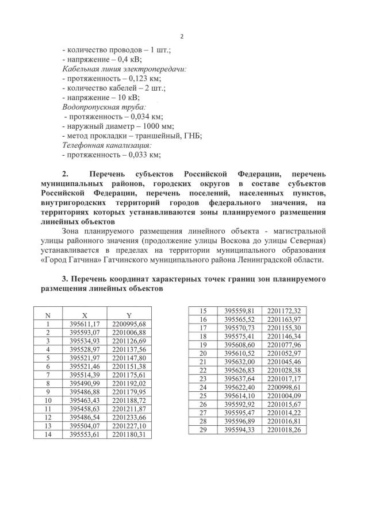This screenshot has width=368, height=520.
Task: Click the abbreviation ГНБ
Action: (x=191, y=136)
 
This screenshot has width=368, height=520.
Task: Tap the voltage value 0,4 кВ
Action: (x=126, y=59)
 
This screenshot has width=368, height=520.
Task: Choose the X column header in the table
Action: (x=85, y=315)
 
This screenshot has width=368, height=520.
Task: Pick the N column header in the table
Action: (x=48, y=315)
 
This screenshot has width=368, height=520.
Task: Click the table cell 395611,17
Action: (x=85, y=324)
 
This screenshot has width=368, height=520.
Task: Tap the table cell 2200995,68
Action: (x=129, y=324)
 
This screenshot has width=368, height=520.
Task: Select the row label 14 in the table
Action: (x=48, y=435)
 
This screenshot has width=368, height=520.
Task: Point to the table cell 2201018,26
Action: (x=283, y=429)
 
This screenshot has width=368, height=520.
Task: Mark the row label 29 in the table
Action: (x=202, y=429)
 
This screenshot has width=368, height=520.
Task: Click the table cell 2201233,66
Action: (x=129, y=418)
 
